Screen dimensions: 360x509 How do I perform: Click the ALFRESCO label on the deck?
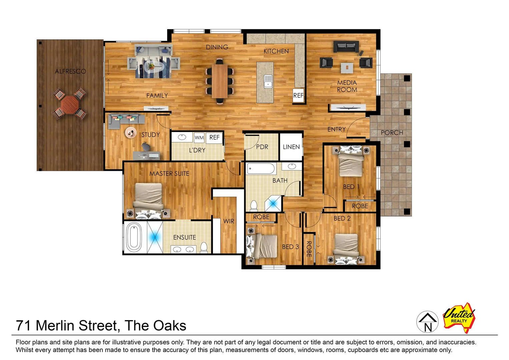[x=70, y=71]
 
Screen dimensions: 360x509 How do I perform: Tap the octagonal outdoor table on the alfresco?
[x=70, y=105]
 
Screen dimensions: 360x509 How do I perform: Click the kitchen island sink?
[x=268, y=81]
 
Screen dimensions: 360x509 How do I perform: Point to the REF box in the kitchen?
[x=298, y=95]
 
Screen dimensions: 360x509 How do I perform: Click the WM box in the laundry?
[x=199, y=138]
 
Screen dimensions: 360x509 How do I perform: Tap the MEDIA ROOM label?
[x=347, y=86]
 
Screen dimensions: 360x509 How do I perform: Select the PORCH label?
[x=392, y=133]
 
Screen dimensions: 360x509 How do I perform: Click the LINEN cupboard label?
[x=291, y=147]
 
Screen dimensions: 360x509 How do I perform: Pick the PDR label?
[x=262, y=147]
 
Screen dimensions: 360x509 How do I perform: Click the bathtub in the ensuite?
[x=134, y=237]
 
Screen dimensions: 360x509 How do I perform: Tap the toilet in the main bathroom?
[x=254, y=206]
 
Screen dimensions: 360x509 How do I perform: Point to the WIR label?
[x=229, y=221]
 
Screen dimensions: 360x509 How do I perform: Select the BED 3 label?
[x=290, y=247]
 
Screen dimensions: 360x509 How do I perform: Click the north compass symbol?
[x=427, y=322]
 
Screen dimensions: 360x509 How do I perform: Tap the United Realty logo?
[x=459, y=317]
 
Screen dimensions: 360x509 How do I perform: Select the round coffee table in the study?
[x=131, y=133]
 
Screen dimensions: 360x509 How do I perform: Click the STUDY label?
[x=150, y=135]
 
